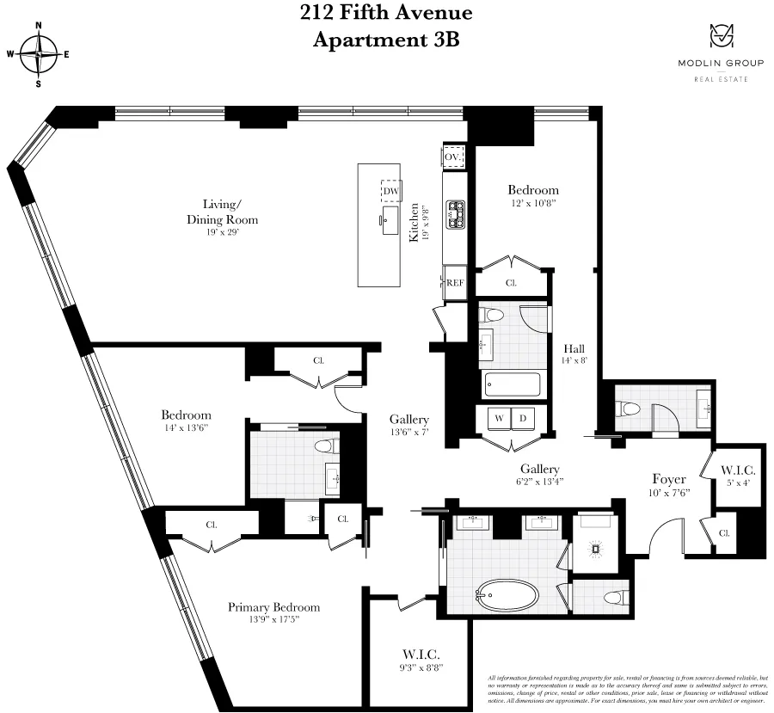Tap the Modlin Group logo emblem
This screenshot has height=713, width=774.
tap(721, 36)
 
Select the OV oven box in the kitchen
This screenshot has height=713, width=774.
tap(453, 157)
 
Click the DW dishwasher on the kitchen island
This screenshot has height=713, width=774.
tap(391, 191)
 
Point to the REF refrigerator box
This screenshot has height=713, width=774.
tap(454, 282)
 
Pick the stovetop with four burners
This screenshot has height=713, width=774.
tap(454, 213)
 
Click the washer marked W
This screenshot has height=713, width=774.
tap(498, 418)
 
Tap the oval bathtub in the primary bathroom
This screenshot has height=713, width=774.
tap(507, 595)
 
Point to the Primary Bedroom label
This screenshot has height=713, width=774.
tap(273, 607)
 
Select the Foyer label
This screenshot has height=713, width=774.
tap(668, 479)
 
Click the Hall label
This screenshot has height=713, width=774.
tap(574, 348)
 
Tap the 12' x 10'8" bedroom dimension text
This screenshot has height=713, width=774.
tap(532, 205)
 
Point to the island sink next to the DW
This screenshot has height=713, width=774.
tap(390, 215)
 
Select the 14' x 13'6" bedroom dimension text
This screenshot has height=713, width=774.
tap(185, 427)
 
